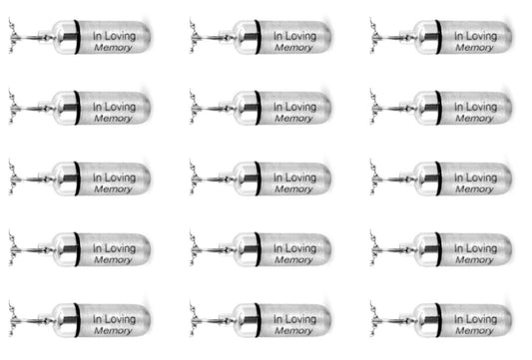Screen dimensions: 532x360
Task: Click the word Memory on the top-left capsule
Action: tap(113, 48)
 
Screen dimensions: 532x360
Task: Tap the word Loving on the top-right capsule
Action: tap(482, 36)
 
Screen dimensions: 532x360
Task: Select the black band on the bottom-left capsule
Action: tap(78, 320)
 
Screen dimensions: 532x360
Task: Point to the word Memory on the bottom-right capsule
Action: tap(474, 331)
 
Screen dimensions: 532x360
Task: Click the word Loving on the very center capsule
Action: tap(301, 178)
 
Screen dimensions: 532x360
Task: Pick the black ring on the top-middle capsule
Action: tap(259, 37)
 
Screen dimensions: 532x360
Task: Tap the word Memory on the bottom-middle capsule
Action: tap(293, 331)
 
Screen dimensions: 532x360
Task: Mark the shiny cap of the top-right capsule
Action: tap(425, 37)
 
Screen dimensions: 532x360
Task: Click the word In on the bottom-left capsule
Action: tap(98, 319)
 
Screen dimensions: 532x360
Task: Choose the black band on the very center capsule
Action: tap(259, 179)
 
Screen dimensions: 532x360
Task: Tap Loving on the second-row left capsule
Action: tap(121, 107)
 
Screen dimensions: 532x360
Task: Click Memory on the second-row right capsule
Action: tap(474, 119)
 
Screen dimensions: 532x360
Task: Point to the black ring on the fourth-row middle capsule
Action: tap(259, 249)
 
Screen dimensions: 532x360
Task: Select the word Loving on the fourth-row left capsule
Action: tap(121, 249)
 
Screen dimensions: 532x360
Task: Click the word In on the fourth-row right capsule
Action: tap(459, 248)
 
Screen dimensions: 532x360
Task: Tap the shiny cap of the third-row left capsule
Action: tap(64, 179)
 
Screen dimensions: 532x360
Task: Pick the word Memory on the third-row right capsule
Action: tap(474, 189)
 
